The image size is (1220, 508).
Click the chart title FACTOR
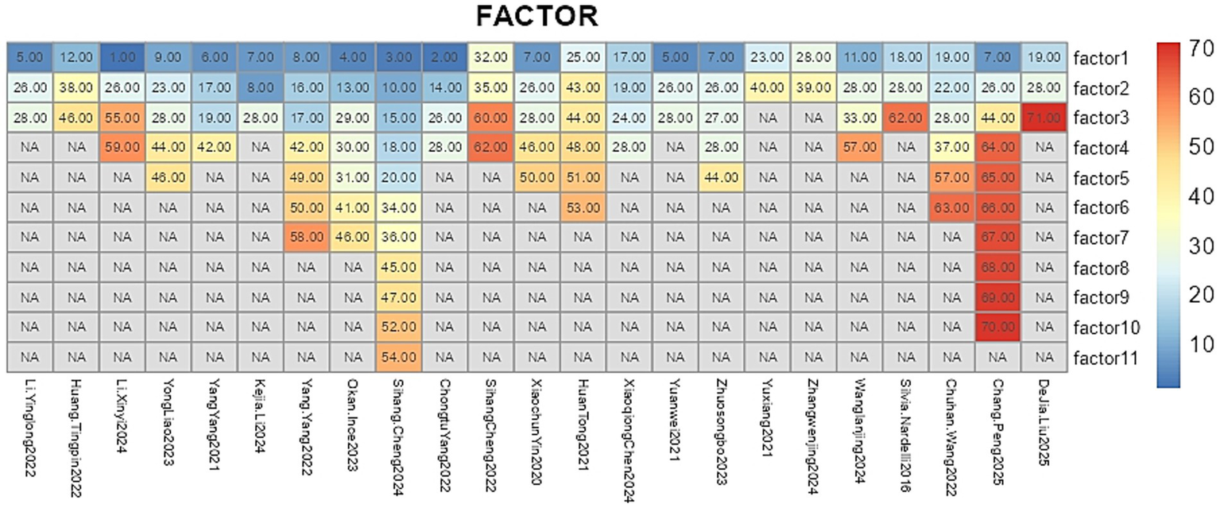click(x=536, y=16)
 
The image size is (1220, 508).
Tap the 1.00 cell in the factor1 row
click(x=122, y=58)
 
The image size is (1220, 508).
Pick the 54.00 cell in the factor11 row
click(x=398, y=357)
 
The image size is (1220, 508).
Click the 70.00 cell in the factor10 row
click(x=996, y=327)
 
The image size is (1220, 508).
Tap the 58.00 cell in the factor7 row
click(x=306, y=238)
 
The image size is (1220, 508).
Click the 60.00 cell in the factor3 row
click(x=490, y=118)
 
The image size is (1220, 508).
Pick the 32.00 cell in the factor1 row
click(x=490, y=58)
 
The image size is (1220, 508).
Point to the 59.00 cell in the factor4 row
click(x=122, y=148)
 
